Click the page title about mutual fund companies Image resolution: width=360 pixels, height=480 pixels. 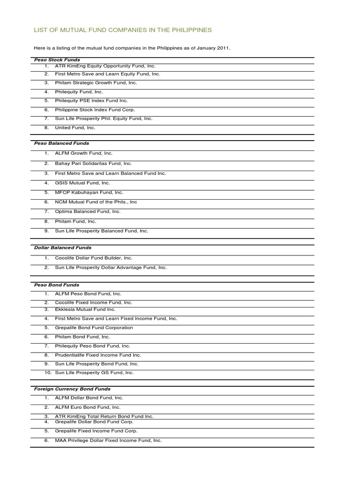pos(123,30)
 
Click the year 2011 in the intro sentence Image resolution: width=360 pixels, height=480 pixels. pos(224,48)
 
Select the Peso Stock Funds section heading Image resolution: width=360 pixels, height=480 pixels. pos(57,60)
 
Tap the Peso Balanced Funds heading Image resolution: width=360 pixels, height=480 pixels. pos(61,143)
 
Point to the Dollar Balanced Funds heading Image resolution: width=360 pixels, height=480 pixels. pos(63,247)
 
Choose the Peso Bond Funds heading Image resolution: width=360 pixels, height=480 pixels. pos(57,285)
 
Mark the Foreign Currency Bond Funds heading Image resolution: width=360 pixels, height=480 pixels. pos(72,389)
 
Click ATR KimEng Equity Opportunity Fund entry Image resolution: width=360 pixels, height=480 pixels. pos(105,67)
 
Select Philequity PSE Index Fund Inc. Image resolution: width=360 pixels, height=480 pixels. pos(91,100)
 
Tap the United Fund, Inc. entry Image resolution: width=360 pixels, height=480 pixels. pos(75,127)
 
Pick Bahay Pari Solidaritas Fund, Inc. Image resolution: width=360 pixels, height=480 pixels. pos(94,164)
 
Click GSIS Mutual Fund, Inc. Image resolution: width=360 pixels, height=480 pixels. pos(82,183)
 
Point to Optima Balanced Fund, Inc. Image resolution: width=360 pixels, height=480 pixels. pos(88,211)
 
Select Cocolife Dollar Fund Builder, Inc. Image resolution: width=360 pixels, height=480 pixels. pos(94,258)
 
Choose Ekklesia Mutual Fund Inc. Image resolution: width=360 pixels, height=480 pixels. pos(85,309)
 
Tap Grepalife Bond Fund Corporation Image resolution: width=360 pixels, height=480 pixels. pos(94,328)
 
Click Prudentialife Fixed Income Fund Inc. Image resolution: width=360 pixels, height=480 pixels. pos(98,355)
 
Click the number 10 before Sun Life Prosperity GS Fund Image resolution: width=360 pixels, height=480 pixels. pos(47,373)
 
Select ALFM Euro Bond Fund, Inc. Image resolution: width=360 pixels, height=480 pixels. pos(88,407)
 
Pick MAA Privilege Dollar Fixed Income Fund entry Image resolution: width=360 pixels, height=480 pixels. pos(108,441)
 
